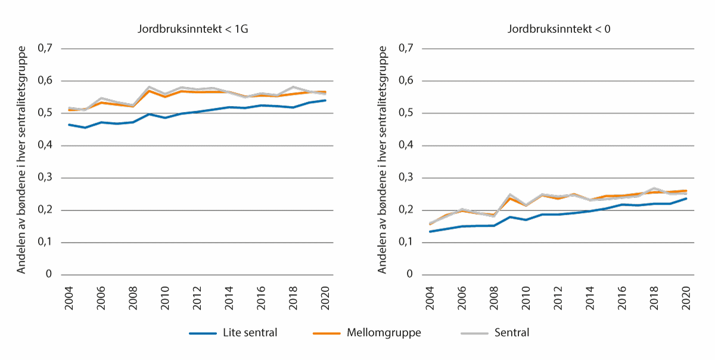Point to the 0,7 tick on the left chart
click(x=46, y=48)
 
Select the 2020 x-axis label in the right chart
click(x=686, y=293)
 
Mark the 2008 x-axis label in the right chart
click(x=494, y=293)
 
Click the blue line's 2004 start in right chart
click(x=430, y=231)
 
